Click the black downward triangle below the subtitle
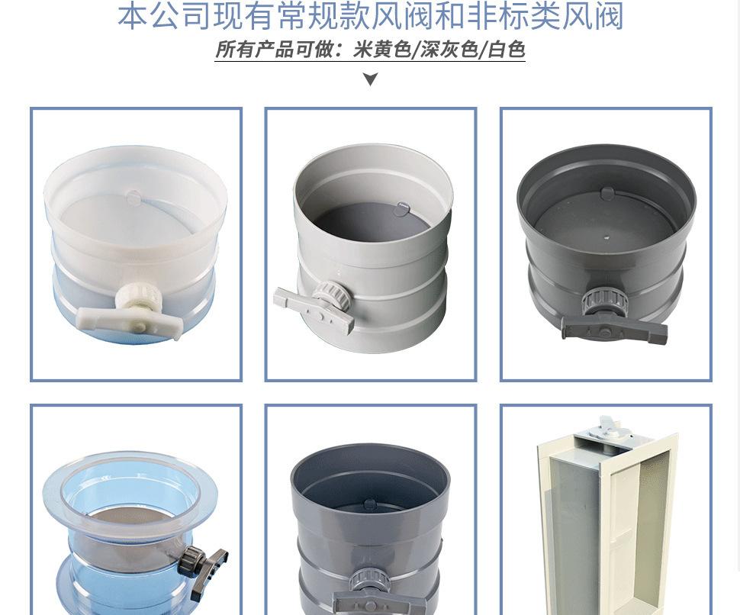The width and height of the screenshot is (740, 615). [x=370, y=79]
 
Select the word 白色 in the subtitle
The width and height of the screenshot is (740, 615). [x=506, y=50]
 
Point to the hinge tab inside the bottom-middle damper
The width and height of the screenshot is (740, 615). [x=370, y=504]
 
